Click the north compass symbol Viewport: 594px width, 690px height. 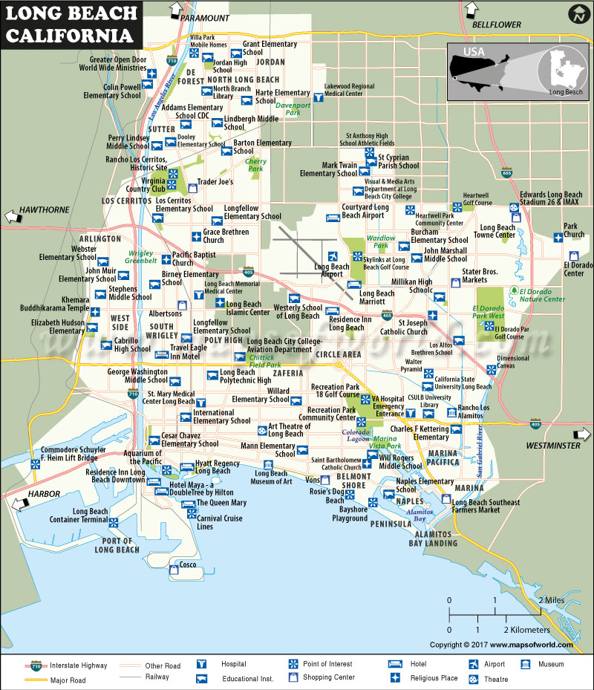(577, 14)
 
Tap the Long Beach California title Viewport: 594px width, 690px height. (71, 24)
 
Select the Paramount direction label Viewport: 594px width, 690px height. (205, 17)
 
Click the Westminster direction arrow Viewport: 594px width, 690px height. (579, 435)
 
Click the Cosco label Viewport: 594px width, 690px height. (188, 564)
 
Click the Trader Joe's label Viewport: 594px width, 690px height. (215, 182)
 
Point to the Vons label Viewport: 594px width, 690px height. (313, 481)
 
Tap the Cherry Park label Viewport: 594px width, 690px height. (255, 165)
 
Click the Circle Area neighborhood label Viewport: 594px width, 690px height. (338, 354)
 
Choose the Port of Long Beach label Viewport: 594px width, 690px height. (117, 545)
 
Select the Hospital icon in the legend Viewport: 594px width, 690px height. (200, 664)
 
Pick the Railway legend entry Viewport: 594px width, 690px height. (157, 677)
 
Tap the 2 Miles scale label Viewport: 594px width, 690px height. (552, 599)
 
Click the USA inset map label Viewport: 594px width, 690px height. (473, 51)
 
